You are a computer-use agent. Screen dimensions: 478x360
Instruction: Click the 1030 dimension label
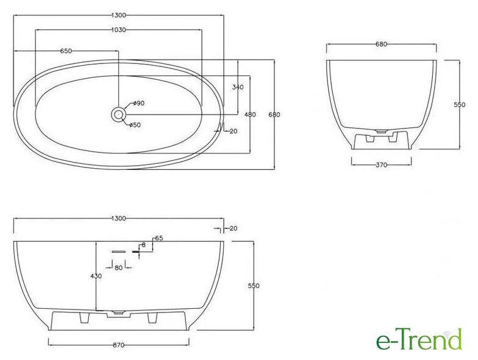(118, 30)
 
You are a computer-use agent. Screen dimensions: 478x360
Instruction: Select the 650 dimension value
(66, 51)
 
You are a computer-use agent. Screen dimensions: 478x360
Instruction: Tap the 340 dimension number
(238, 88)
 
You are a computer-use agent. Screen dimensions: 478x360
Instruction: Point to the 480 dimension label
(250, 115)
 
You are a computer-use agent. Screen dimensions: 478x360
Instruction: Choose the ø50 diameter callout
(135, 125)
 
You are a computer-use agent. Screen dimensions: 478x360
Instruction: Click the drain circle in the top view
(118, 115)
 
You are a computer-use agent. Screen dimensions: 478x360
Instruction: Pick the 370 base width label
(381, 165)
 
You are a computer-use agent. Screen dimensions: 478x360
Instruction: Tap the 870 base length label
(118, 345)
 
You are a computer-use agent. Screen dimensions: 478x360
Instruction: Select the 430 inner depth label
(96, 277)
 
